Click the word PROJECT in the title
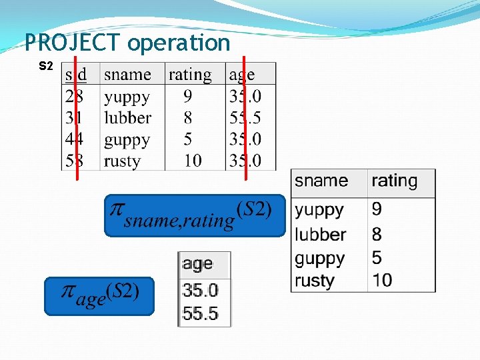click(x=73, y=43)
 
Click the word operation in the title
click(x=178, y=43)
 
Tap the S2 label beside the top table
click(x=46, y=66)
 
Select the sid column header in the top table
click(x=76, y=74)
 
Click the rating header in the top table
click(x=190, y=75)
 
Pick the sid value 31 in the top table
click(x=75, y=118)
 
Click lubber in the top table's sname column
click(x=127, y=118)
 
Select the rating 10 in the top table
click(x=193, y=161)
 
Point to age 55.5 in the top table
click(x=245, y=118)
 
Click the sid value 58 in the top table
click(x=75, y=161)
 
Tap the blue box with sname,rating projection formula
click(x=194, y=215)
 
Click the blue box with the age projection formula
click(x=99, y=296)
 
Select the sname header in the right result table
click(x=321, y=181)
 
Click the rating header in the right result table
click(x=394, y=181)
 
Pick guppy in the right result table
click(x=319, y=258)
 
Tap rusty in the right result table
click(x=314, y=281)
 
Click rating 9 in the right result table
click(x=377, y=210)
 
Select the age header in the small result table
click(x=197, y=264)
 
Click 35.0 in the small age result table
click(x=201, y=291)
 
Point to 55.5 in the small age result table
click(x=201, y=313)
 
